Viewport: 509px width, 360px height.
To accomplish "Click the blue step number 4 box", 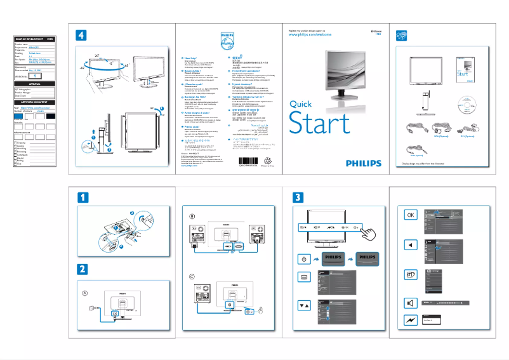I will tap(80, 34).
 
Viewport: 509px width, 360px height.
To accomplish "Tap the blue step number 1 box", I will tap(80, 197).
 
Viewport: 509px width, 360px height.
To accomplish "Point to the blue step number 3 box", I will tap(298, 197).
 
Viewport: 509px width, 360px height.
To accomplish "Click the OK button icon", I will tap(411, 215).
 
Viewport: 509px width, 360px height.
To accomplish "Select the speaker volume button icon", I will tap(411, 302).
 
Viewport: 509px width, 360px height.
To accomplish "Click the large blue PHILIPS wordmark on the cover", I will tap(355, 163).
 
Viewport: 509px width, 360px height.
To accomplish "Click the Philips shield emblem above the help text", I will tap(227, 40).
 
